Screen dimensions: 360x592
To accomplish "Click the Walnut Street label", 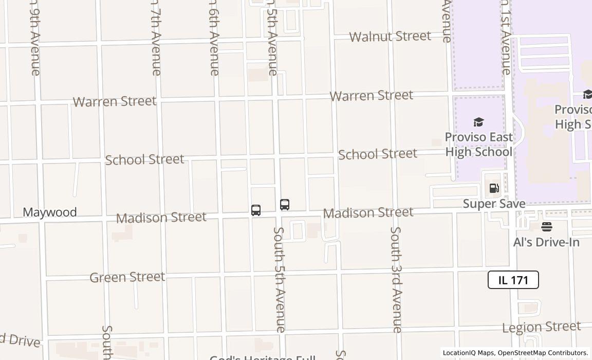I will tap(390, 37).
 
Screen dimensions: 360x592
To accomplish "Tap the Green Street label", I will tap(127, 277).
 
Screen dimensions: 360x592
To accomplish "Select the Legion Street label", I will tap(541, 327).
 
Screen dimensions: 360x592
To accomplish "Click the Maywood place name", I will tap(50, 212).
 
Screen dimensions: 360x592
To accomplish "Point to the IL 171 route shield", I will tap(513, 280).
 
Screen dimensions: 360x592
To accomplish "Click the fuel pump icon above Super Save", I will tap(494, 188).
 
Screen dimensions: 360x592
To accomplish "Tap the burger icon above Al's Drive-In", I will tap(546, 227).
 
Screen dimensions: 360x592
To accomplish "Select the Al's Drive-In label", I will tap(546, 242).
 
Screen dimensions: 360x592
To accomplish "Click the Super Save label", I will tap(494, 204).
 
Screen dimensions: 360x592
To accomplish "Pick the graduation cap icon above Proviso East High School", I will tap(478, 122).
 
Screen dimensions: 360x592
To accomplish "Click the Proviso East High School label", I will tap(478, 145).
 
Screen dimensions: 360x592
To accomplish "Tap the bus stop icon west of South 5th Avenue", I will tap(256, 210).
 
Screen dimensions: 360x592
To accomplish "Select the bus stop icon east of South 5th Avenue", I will tap(285, 204).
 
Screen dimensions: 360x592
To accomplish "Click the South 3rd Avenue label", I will tap(396, 279).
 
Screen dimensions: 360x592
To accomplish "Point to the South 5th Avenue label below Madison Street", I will tap(279, 279).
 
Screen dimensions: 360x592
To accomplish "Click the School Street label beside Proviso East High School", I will tap(377, 154).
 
